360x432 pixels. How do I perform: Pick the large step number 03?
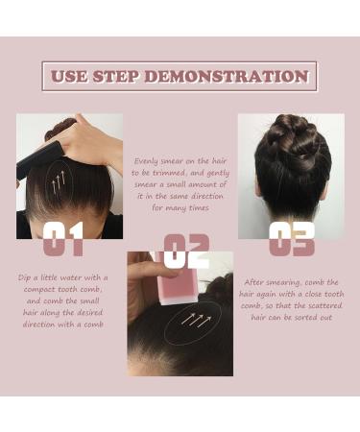[291, 238]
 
